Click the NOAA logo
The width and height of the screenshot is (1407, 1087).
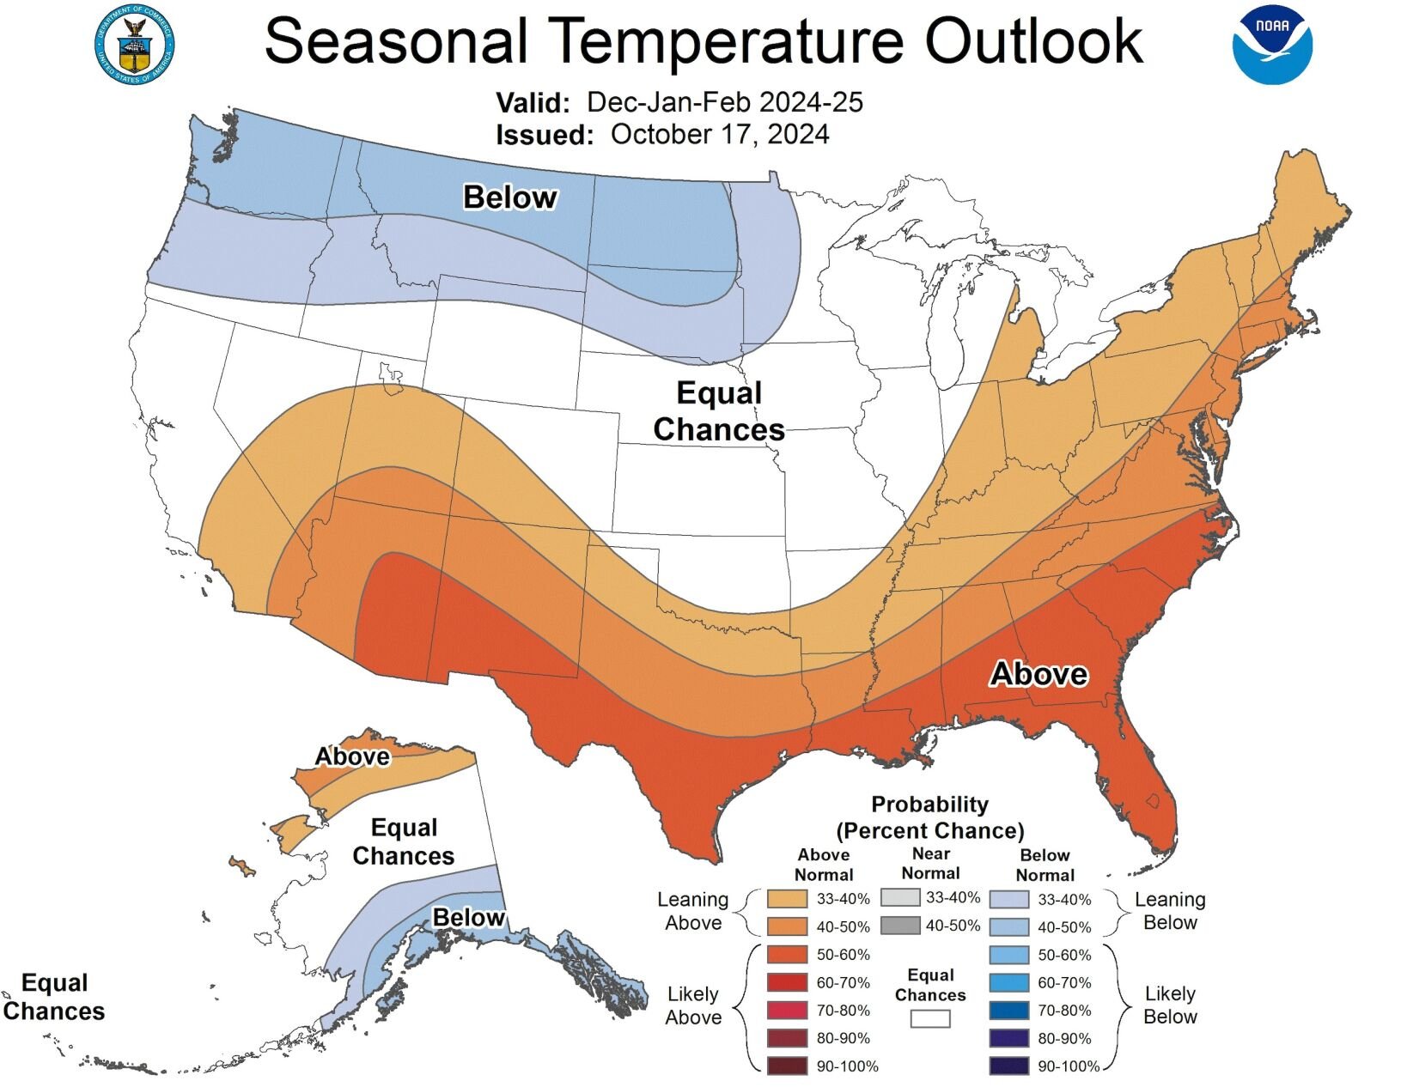click(x=1272, y=45)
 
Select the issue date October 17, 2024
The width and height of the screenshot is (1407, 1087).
click(x=720, y=134)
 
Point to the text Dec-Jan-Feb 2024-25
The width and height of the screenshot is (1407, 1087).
click(x=724, y=102)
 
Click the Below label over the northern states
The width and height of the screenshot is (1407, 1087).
click(x=510, y=197)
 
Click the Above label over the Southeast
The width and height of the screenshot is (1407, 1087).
click(x=1038, y=674)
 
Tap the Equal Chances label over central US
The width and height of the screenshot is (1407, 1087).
click(x=719, y=411)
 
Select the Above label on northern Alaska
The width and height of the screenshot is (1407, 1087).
click(x=352, y=756)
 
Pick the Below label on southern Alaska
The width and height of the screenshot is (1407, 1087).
click(x=468, y=918)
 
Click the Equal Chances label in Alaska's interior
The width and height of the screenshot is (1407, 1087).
click(x=404, y=841)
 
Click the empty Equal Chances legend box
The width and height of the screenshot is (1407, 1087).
click(x=930, y=1018)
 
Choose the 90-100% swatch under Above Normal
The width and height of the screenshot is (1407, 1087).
click(x=787, y=1066)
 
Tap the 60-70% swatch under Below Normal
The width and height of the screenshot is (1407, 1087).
click(x=1009, y=983)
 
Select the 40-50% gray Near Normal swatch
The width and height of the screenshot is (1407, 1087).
click(x=899, y=926)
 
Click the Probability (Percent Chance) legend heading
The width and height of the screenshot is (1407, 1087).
click(x=930, y=817)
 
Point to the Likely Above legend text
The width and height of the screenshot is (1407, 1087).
click(x=693, y=1005)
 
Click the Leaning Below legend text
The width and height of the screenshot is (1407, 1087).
click(x=1170, y=911)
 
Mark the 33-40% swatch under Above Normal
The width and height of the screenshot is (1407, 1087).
click(x=787, y=899)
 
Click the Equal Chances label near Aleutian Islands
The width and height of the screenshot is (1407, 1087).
click(x=53, y=997)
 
